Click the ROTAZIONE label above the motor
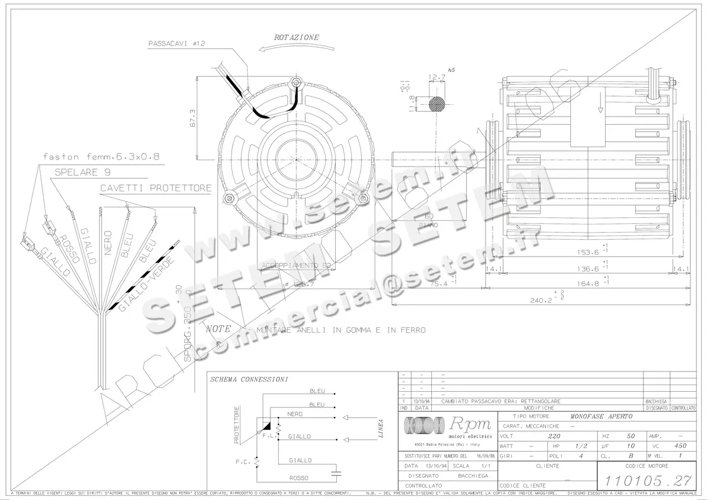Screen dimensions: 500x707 pos(296,37)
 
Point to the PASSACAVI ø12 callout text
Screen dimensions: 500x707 pos(176,44)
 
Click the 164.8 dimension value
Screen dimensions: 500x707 pos(586,283)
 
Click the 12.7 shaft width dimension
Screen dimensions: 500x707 pos(437,77)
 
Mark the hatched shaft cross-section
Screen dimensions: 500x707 pos(438,103)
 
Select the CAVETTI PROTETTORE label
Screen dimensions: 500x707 pos(156,188)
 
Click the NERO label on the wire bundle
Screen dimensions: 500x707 pos(108,242)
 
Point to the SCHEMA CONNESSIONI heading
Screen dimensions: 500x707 pos(249,379)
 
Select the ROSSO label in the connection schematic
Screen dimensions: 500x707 pos(299,478)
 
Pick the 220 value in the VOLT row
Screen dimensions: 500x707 pos(554,436)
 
